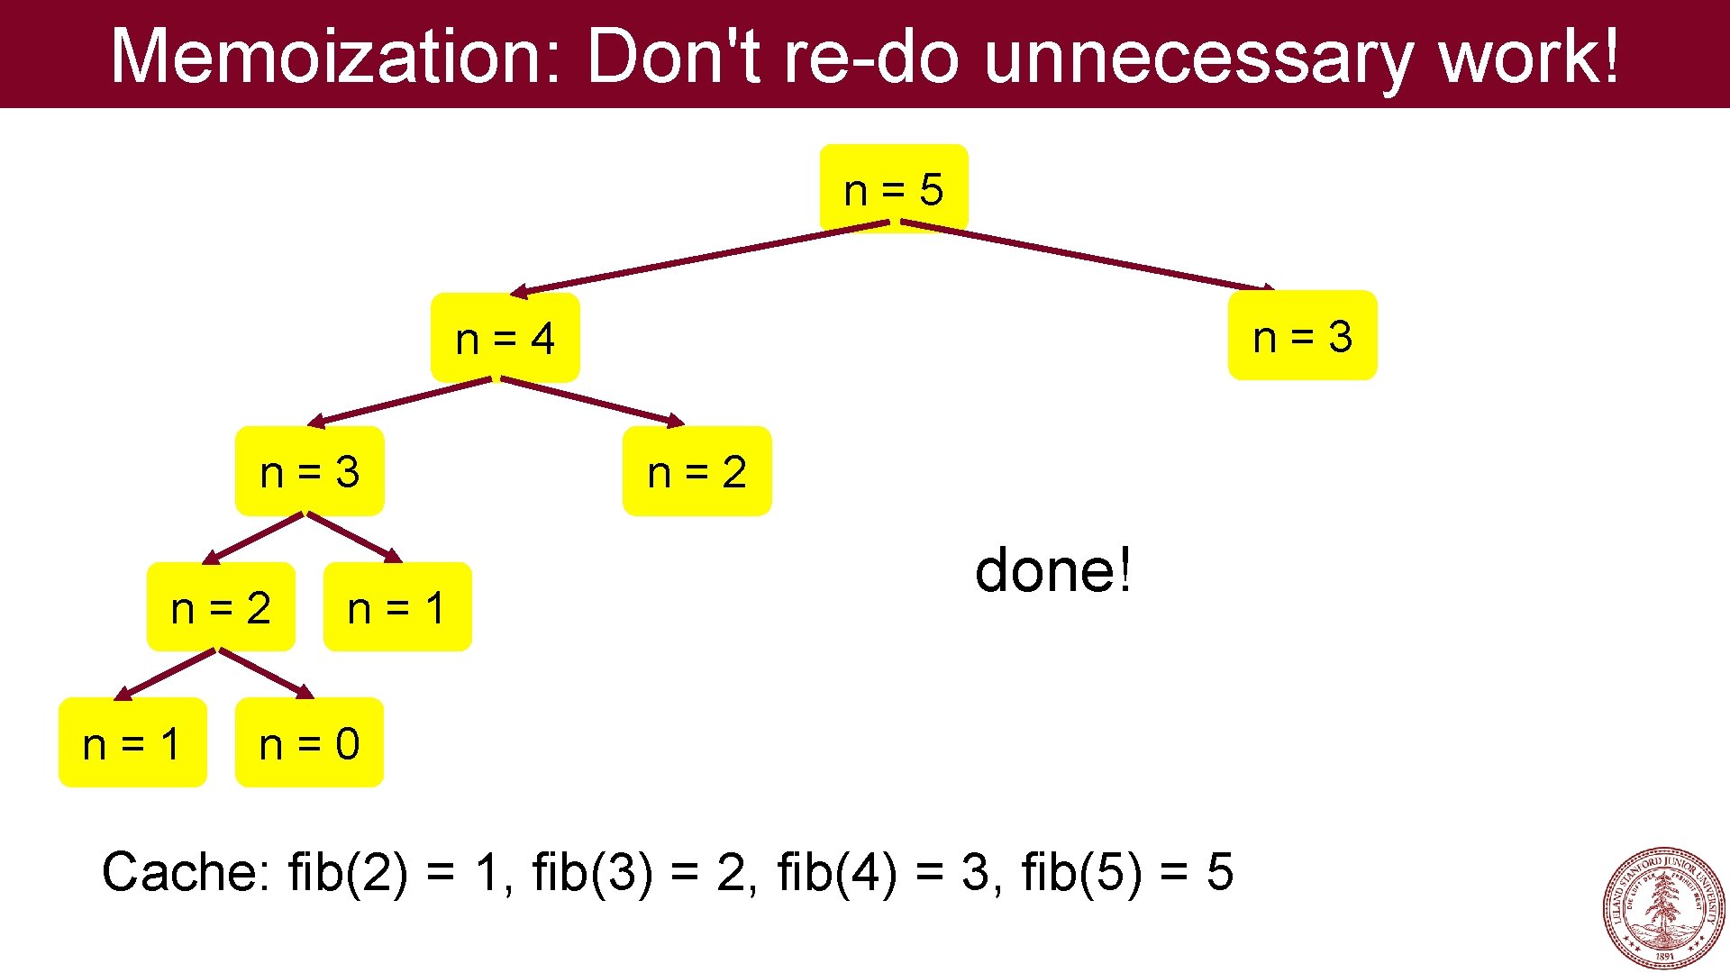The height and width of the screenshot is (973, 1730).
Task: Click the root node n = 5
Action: click(x=893, y=189)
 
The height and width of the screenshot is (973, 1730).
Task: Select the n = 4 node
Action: click(x=505, y=339)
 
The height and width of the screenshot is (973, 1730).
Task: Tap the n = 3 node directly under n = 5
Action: click(x=1302, y=336)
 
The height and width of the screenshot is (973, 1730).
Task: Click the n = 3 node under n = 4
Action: click(x=309, y=471)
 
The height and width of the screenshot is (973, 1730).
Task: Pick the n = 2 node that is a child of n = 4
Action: click(x=697, y=471)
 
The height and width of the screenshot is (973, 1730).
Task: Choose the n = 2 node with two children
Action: click(x=221, y=607)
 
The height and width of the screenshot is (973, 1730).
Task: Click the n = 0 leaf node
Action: click(x=309, y=743)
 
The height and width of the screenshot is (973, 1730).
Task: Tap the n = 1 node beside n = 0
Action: click(x=132, y=743)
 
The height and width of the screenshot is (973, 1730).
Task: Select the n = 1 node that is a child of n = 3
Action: click(x=396, y=607)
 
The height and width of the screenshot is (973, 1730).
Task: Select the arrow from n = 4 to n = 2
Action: click(x=592, y=401)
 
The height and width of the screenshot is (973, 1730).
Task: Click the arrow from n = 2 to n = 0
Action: click(x=265, y=673)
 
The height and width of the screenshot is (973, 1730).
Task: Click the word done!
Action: click(x=1052, y=570)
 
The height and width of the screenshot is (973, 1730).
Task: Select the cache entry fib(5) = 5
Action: click(x=1126, y=872)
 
